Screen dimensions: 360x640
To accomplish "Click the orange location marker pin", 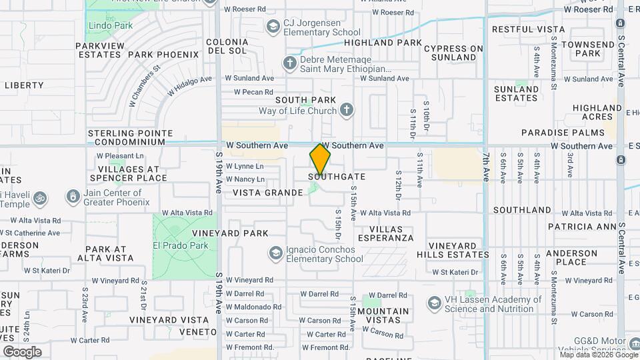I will tap(320, 159).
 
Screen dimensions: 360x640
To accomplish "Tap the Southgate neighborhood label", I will tap(337, 177).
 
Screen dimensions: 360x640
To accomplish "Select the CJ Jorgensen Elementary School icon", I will tap(272, 27).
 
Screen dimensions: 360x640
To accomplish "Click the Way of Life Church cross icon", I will tap(346, 109).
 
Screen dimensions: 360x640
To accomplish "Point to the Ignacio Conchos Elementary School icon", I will tap(275, 253).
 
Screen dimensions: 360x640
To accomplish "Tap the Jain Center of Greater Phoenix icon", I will tap(71, 197).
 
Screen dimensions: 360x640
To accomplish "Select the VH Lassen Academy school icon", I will tap(435, 304).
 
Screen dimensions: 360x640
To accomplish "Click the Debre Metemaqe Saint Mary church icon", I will tap(289, 63).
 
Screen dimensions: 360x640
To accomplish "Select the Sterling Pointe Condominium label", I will tap(131, 137).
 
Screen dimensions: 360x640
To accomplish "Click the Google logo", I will tap(22, 352).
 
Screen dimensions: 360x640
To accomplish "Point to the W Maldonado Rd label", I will tap(253, 307).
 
